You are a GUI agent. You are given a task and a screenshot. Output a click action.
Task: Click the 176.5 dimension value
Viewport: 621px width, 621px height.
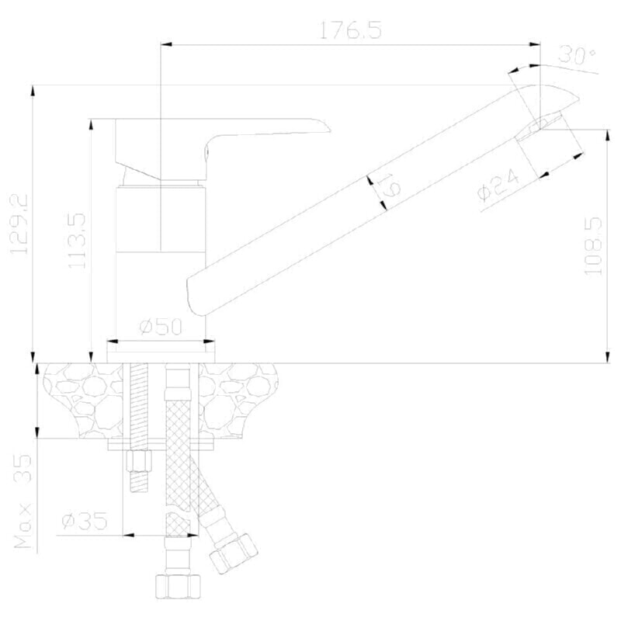(350, 30)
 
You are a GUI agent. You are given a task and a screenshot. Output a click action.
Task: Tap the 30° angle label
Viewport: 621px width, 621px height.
(576, 55)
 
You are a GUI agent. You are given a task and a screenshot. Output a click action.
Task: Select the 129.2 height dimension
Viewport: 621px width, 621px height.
(19, 224)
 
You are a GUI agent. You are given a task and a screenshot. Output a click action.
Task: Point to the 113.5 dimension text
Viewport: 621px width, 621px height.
(76, 241)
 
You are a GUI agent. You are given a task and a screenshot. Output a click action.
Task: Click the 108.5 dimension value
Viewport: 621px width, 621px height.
(592, 245)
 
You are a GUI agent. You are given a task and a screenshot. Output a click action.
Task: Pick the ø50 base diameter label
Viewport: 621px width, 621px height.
(161, 327)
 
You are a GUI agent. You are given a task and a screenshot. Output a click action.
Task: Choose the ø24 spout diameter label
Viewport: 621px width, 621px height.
(498, 185)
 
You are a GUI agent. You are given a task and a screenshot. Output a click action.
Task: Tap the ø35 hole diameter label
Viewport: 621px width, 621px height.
(85, 520)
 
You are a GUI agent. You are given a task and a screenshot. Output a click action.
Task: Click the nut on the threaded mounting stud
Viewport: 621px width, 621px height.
(139, 460)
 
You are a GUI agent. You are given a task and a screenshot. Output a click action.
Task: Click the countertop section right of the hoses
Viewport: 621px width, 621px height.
(238, 400)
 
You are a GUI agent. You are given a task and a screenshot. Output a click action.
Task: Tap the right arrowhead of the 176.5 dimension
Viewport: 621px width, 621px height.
(535, 45)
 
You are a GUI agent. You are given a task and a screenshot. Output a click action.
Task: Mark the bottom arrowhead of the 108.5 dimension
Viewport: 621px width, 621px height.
(608, 357)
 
